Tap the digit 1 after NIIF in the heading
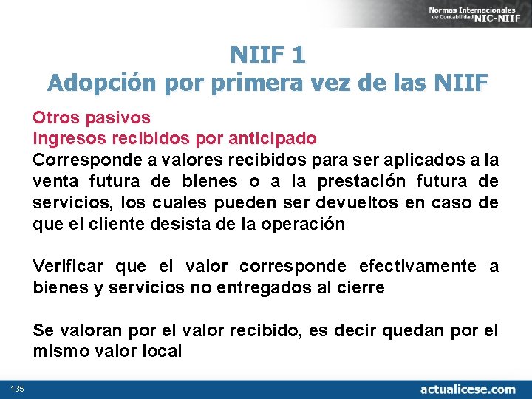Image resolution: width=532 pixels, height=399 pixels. (x=298, y=54)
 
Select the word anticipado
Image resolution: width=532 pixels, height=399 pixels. (x=273, y=138)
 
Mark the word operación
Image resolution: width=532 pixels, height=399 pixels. (x=304, y=224)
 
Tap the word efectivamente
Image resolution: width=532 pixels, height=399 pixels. (x=422, y=266)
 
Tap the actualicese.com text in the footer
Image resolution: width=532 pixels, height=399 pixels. (x=467, y=389)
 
